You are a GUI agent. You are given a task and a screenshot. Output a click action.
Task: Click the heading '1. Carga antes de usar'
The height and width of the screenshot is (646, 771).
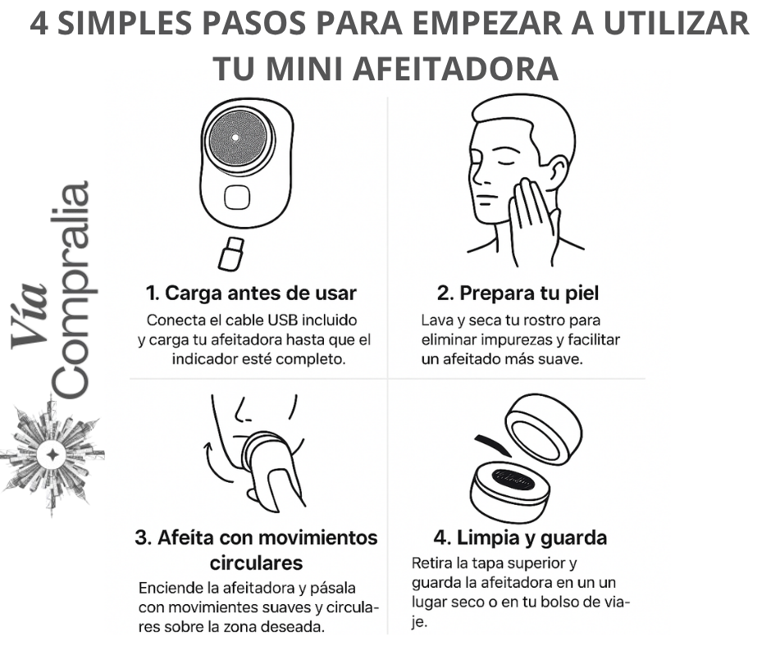[251, 293]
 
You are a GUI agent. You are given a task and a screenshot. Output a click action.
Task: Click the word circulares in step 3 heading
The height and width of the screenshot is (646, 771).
[256, 563]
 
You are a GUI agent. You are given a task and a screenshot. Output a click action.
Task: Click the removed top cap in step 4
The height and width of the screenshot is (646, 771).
[545, 425]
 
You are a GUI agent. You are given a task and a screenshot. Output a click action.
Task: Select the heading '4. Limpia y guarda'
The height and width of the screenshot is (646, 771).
[520, 538]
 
